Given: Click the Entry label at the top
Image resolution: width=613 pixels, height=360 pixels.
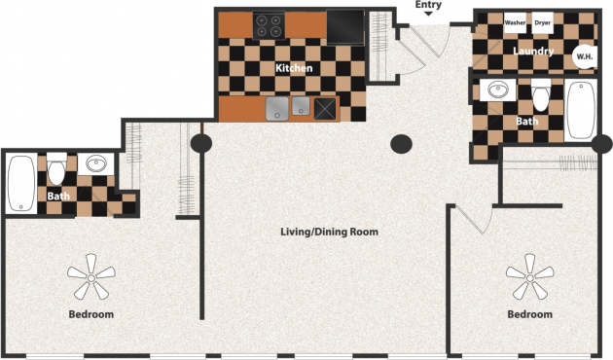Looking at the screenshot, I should [x=428, y=5].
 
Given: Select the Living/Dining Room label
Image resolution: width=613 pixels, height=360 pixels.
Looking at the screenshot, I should [x=329, y=233].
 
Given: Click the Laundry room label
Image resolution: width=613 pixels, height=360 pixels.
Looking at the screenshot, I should [x=534, y=52].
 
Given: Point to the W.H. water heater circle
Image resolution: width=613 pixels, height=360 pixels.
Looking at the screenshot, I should [x=585, y=55].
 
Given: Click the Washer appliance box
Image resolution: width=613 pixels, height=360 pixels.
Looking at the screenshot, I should [x=515, y=21].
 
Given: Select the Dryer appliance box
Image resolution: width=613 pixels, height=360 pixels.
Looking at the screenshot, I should [x=543, y=21].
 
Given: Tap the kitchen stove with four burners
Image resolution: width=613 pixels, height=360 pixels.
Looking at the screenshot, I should [x=269, y=24].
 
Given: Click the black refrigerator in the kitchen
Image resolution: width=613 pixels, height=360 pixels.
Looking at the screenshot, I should [x=344, y=26].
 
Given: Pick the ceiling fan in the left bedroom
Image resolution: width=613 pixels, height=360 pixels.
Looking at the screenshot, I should [x=91, y=278].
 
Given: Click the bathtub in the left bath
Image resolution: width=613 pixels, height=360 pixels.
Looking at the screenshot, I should [x=20, y=185].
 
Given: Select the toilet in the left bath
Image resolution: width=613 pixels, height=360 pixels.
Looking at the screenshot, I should [x=56, y=171].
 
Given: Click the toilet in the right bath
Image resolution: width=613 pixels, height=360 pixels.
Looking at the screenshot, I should [x=541, y=96].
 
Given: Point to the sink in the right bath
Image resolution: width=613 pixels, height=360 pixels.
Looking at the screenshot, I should [x=499, y=91].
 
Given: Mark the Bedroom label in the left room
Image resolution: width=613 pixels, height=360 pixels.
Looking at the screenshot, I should [x=91, y=314].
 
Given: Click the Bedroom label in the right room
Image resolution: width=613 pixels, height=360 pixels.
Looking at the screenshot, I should [x=530, y=314].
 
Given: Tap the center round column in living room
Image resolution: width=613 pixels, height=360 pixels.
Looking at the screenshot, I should [x=401, y=145].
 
